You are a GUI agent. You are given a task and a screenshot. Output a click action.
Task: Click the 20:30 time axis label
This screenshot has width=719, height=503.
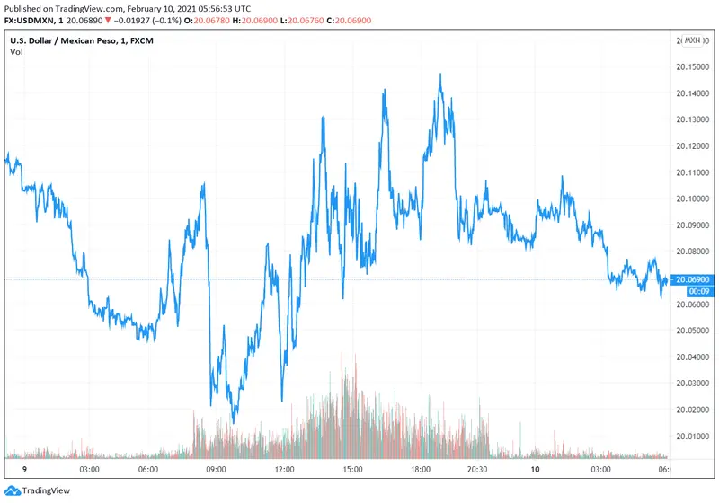coord(476,470)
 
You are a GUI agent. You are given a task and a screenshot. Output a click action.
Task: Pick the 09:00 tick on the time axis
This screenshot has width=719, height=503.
coord(217,470)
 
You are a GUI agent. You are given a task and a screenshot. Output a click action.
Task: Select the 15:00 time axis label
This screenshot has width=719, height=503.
coord(351,470)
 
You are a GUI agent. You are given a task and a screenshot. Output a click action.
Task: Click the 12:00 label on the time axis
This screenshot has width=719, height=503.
coord(284,470)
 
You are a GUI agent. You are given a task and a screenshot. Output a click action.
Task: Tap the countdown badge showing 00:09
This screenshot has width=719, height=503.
coord(697,291)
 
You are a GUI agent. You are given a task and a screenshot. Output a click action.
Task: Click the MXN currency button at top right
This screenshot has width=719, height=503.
coord(693,40)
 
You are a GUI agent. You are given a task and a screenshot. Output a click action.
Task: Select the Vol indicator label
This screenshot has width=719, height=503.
coord(16,52)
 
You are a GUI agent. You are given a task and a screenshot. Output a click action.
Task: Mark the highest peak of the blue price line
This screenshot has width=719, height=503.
coord(440,75)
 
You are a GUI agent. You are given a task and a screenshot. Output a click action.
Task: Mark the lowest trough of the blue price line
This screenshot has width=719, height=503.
coord(233,422)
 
